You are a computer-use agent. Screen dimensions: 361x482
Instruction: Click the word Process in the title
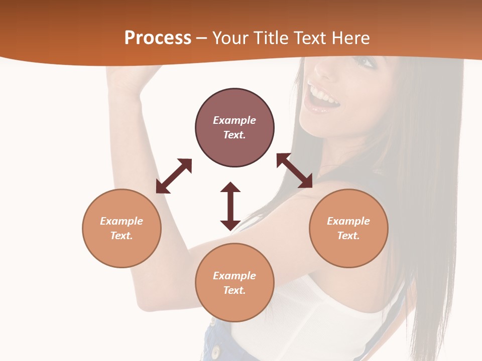(x=158, y=38)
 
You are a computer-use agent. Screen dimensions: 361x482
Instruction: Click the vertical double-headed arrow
(x=230, y=206)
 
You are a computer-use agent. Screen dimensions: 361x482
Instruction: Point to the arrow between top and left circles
(x=174, y=176)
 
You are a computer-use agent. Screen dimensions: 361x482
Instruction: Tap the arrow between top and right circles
(x=294, y=170)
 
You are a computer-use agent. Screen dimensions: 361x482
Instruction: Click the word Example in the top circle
(x=234, y=120)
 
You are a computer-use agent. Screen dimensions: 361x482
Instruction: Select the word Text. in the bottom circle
(x=234, y=290)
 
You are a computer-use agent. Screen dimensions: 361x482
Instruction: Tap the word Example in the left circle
(x=122, y=221)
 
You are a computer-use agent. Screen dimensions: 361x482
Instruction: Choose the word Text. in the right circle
(x=348, y=236)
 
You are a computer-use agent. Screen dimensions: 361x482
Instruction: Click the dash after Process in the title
(x=201, y=38)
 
